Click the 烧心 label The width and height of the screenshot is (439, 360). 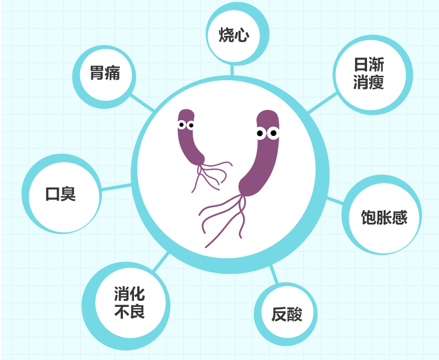[x=234, y=35]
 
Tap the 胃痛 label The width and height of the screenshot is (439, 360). [x=105, y=73]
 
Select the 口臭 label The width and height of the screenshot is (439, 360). [x=60, y=194]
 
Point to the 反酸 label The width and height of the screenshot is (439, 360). [x=287, y=314]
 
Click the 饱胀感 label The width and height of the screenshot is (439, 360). [x=384, y=217]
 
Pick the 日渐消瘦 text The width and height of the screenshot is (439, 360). [x=369, y=74]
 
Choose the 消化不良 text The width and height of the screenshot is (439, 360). [x=130, y=302]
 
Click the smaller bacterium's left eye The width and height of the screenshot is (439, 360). [x=182, y=124]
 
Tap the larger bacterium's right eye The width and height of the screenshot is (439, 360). [x=273, y=133]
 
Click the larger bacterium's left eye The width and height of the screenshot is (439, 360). [x=261, y=133]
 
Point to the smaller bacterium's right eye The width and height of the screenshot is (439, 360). [x=190, y=126]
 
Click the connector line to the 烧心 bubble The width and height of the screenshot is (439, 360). [x=232, y=70]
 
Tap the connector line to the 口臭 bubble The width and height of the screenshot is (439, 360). [x=116, y=187]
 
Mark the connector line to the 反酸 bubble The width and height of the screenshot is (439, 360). [x=274, y=275]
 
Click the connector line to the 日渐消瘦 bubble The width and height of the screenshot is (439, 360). [x=322, y=103]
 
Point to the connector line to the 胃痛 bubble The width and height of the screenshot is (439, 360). [x=142, y=103]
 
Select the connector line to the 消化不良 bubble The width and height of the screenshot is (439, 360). [x=161, y=262]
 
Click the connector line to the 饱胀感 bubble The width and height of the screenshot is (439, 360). [x=335, y=200]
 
